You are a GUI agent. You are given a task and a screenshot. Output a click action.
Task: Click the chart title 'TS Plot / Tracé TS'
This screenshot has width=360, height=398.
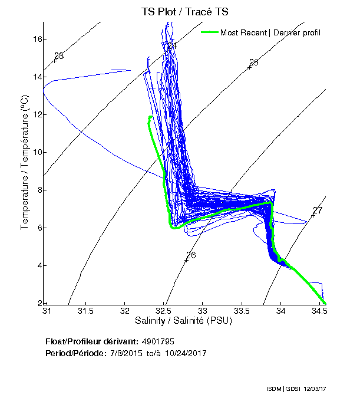click(x=184, y=12)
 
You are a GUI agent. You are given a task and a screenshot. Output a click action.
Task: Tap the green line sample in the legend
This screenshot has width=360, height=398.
click(x=209, y=32)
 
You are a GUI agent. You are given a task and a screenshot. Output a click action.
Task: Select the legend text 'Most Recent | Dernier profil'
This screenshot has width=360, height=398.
click(x=270, y=32)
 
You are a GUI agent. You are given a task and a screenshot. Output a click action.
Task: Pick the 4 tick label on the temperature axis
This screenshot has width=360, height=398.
click(x=37, y=265)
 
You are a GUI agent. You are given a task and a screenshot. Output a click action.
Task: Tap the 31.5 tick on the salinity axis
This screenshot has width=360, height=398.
click(x=86, y=310)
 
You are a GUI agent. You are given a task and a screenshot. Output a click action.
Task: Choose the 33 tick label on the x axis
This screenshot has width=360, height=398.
click(x=203, y=310)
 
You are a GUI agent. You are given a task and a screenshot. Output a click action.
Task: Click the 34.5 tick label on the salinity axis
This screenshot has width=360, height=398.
click(x=319, y=310)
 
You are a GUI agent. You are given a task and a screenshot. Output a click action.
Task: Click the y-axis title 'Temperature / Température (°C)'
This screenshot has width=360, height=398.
click(x=25, y=163)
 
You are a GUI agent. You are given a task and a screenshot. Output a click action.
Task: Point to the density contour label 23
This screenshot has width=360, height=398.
click(x=59, y=56)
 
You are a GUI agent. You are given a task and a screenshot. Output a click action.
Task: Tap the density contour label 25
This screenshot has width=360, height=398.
click(x=254, y=63)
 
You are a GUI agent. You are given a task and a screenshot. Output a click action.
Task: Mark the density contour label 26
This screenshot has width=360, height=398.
click(x=190, y=255)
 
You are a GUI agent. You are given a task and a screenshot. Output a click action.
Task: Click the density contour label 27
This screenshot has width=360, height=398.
click(x=318, y=210)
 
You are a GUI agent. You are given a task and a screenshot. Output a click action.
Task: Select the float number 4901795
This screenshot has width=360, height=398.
click(x=158, y=341)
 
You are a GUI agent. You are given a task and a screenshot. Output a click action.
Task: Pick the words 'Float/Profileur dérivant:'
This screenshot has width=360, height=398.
click(x=92, y=341)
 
